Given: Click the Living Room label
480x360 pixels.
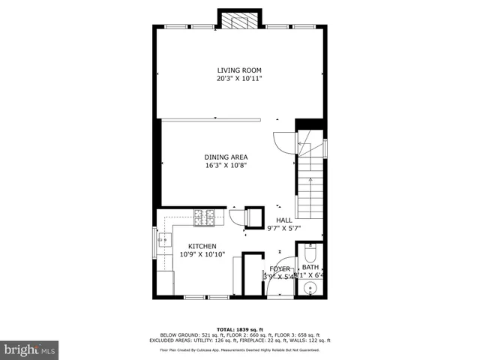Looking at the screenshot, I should coord(239,70).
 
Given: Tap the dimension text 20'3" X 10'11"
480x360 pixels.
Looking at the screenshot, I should coord(239,78).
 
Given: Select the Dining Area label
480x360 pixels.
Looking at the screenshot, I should coord(226,157).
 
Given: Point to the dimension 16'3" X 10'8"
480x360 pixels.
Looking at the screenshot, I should coord(226,165).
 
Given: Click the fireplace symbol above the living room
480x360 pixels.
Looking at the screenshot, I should coord(238,20).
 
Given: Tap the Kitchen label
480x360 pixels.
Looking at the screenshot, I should coord(202,246).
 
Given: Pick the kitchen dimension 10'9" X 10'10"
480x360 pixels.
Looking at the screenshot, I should coord(202,254).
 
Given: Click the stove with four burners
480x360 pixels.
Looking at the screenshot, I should coord(203,217).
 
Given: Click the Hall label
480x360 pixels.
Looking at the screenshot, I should coord(284,220).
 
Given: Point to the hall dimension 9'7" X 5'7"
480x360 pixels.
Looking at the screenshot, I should coord(284,228).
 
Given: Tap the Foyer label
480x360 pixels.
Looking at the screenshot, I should coord(280,268).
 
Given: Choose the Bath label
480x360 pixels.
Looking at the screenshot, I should coord(310,267).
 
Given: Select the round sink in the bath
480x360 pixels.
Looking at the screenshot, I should coord(309,289).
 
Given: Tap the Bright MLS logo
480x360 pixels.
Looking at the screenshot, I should coord(29,349).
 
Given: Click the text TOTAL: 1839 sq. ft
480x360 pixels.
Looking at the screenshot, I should coord(239,329).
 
